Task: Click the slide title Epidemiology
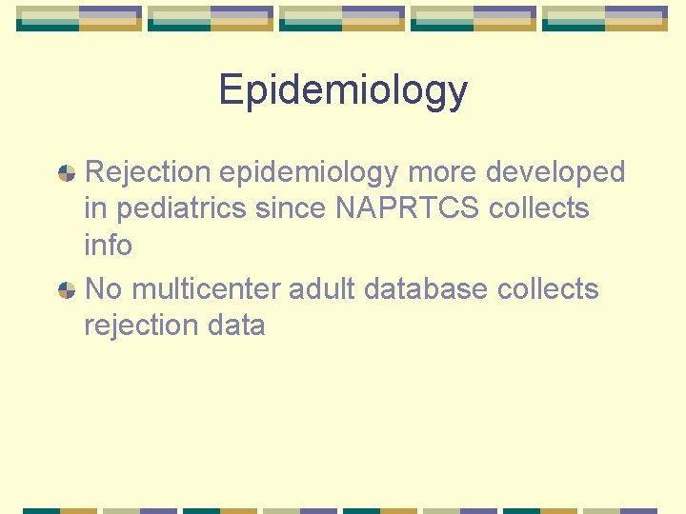click(343, 90)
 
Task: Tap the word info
click(108, 245)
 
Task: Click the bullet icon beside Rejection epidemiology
click(67, 173)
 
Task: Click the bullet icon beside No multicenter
click(67, 289)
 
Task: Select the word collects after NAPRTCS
click(539, 208)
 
